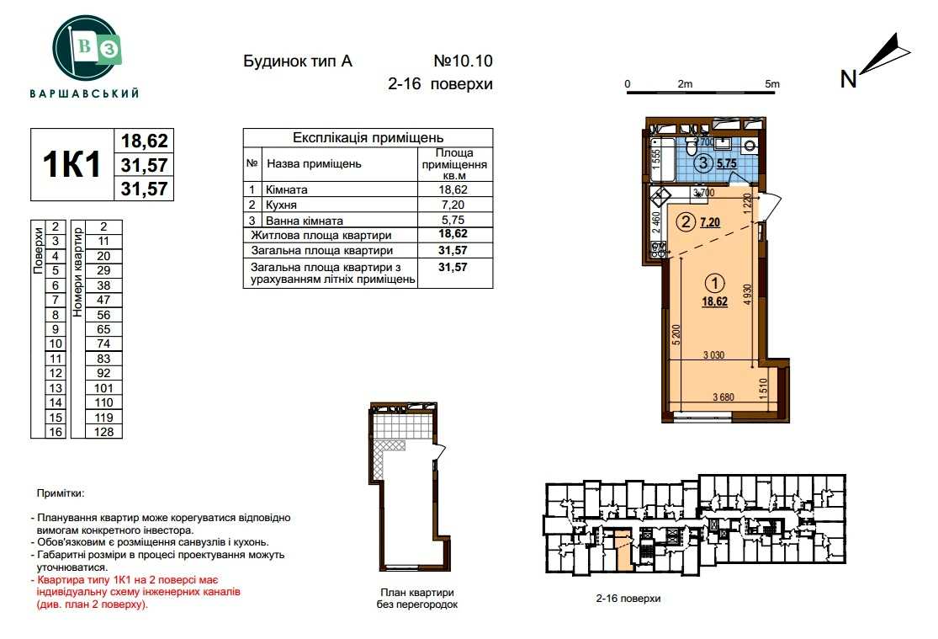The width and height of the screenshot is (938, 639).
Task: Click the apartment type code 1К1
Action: point(72,164)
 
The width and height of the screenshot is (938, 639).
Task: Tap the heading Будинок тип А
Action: point(297,61)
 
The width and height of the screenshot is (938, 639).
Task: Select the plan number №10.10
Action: point(463,61)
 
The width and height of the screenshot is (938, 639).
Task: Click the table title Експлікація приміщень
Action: point(368,138)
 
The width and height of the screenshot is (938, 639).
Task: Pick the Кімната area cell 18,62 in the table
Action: point(453,189)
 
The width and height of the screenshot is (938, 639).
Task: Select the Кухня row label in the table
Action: point(281,205)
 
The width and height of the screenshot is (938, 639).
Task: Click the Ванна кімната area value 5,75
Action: point(453,220)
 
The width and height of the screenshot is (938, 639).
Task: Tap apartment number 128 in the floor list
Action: point(103,432)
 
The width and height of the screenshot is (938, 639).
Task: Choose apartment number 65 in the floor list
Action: point(103,329)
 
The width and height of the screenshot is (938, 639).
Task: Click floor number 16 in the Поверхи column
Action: point(56,432)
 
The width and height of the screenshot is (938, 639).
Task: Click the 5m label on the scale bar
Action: point(772,84)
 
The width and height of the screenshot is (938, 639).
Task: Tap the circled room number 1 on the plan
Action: point(715,283)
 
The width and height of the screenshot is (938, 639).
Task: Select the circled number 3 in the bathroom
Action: point(703,162)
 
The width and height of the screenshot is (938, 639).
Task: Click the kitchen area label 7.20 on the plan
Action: point(710,222)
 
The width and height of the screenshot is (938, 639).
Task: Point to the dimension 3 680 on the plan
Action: point(723,397)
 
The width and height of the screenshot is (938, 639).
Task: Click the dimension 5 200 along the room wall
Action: point(676,335)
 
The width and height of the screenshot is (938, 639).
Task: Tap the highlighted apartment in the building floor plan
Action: point(623,549)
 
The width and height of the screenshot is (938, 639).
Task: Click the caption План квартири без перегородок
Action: point(417,599)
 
